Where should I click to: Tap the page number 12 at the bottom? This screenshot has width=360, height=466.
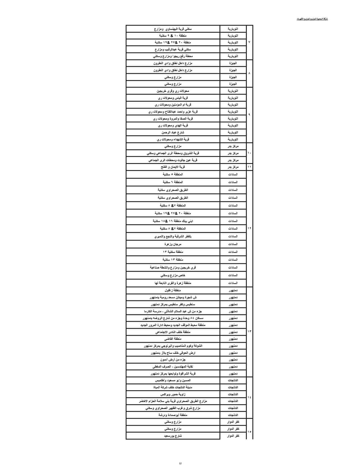click(x=180, y=463)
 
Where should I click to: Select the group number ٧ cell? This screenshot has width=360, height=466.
click(x=249, y=42)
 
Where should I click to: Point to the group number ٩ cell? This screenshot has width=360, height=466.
click(x=249, y=115)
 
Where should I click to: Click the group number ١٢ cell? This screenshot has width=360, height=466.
click(x=249, y=228)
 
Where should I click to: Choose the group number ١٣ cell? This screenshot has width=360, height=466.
click(x=249, y=331)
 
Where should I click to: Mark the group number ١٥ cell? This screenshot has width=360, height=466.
click(x=249, y=432)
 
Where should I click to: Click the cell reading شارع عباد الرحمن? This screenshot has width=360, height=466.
click(x=173, y=132)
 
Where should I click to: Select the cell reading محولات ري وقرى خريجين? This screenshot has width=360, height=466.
click(x=173, y=91)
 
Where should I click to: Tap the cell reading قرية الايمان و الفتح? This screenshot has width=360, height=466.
click(x=173, y=167)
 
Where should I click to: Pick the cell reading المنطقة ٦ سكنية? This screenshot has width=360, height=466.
click(x=173, y=182)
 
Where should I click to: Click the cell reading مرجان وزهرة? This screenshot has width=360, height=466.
click(x=173, y=244)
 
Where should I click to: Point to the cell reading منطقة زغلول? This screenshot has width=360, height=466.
click(x=173, y=290)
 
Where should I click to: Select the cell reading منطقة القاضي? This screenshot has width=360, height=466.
click(x=173, y=339)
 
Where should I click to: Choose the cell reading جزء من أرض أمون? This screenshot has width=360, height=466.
click(x=173, y=360)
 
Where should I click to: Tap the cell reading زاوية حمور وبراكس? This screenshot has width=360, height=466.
click(x=173, y=394)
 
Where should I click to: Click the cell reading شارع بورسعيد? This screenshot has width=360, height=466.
click(x=173, y=436)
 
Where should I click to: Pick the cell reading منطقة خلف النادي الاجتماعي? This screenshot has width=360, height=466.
click(x=173, y=332)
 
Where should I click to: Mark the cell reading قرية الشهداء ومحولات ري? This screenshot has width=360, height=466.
click(x=173, y=139)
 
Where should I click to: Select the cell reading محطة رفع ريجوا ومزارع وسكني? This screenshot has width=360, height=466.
click(x=173, y=56)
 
